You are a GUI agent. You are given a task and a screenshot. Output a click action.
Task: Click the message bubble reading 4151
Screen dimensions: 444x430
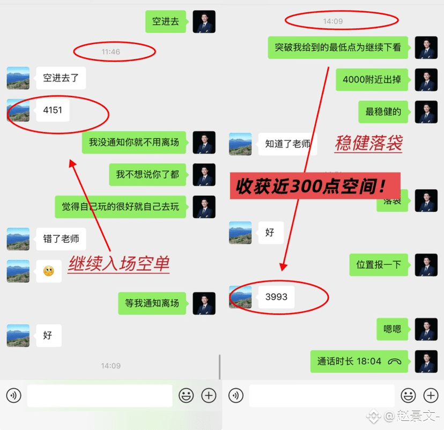click(53, 110)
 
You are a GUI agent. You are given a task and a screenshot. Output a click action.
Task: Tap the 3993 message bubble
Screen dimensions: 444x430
click(276, 296)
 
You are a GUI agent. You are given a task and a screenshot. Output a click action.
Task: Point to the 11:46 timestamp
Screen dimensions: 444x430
click(110, 52)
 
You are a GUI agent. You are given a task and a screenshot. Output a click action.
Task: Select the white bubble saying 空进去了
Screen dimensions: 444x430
click(61, 78)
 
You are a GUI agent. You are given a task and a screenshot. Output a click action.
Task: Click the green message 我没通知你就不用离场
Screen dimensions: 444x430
click(134, 143)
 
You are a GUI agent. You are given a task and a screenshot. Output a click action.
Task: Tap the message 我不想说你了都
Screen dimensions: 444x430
click(147, 174)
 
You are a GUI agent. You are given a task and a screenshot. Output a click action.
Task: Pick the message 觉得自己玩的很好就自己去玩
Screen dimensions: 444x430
click(120, 206)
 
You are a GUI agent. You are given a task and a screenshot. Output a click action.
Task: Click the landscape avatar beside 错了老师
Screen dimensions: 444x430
click(18, 239)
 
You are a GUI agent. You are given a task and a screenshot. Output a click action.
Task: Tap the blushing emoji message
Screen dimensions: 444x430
click(49, 271)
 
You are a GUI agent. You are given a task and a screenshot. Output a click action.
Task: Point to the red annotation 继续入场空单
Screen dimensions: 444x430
click(119, 264)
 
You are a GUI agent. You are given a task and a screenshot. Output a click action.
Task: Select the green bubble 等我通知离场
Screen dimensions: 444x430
click(152, 303)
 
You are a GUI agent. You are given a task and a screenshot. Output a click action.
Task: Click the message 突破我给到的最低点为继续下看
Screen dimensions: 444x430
click(338, 48)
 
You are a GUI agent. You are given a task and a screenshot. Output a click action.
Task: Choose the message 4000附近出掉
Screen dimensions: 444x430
click(372, 80)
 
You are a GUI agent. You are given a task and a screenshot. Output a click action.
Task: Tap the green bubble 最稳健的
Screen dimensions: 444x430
click(383, 112)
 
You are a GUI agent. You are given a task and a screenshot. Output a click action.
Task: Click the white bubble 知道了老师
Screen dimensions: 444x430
click(287, 144)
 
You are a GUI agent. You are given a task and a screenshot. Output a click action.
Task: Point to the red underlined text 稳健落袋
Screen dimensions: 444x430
click(368, 143)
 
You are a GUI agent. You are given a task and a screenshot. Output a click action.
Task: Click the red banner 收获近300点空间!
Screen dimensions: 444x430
click(315, 186)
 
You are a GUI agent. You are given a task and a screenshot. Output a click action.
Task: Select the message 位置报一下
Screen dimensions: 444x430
click(379, 264)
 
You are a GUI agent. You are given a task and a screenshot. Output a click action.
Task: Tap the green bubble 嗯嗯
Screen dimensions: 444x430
click(392, 329)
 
